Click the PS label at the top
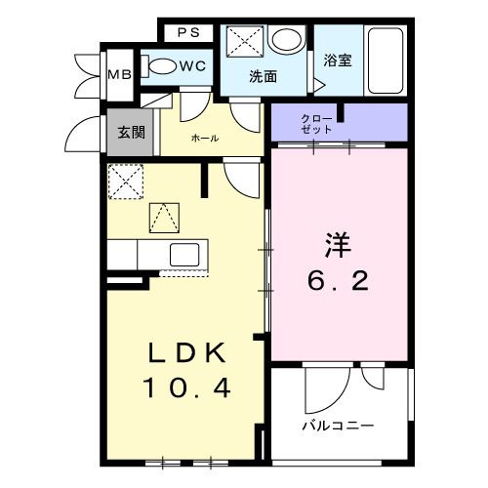click(x=188, y=32)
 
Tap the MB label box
click(x=119, y=75)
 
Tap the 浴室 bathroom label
click(x=339, y=60)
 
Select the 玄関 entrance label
click(x=132, y=132)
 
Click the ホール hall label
click(x=205, y=139)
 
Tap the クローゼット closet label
click(x=322, y=122)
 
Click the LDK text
click(x=187, y=352)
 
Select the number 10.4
click(x=187, y=388)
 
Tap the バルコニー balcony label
click(x=337, y=427)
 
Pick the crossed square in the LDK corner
click(x=125, y=181)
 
